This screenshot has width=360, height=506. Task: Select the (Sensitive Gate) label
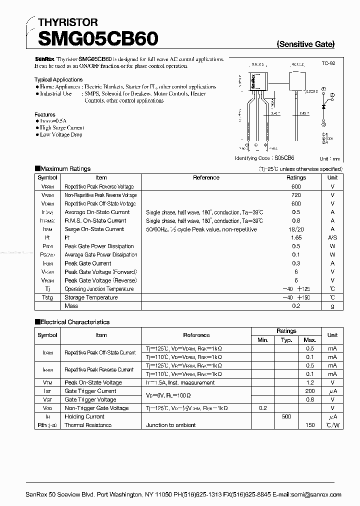click(x=305, y=44)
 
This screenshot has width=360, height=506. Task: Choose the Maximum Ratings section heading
click(x=63, y=169)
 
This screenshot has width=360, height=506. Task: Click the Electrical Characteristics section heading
click(x=72, y=322)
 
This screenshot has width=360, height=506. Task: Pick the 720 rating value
click(x=296, y=195)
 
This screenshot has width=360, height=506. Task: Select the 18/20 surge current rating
click(x=296, y=229)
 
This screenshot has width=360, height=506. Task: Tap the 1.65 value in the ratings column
click(x=296, y=237)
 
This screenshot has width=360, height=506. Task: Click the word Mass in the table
click(x=71, y=305)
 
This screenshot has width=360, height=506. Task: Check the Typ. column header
click(x=286, y=340)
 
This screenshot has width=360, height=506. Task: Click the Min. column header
click(x=263, y=340)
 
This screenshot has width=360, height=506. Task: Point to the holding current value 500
click(x=286, y=416)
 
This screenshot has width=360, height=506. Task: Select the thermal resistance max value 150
click(x=310, y=425)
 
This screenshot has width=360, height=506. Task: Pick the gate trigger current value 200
click(x=310, y=391)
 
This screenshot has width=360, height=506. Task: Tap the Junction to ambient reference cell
click(x=171, y=425)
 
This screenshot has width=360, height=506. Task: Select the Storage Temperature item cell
click(x=91, y=297)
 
